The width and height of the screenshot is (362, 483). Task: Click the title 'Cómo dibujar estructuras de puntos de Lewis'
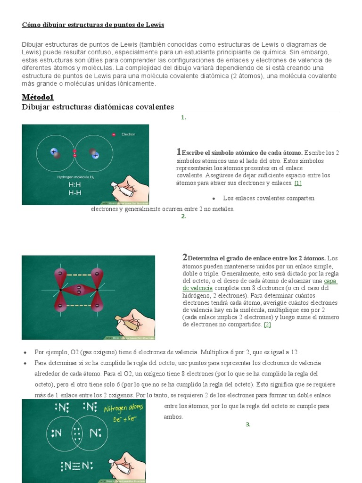(x=93, y=25)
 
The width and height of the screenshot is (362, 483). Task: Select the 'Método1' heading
(x=38, y=97)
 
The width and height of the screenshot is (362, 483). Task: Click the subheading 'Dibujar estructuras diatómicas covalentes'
(x=98, y=107)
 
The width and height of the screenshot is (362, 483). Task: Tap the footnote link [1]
(x=297, y=183)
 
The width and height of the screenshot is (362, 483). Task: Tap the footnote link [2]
(x=267, y=325)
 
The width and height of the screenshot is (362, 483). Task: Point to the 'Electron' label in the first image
(x=128, y=134)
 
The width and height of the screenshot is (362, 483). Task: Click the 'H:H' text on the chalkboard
(x=74, y=185)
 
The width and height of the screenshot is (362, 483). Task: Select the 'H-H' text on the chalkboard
(x=74, y=193)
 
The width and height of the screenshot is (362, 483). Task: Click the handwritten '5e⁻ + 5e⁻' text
(x=125, y=419)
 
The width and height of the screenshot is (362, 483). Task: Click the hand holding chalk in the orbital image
(x=136, y=323)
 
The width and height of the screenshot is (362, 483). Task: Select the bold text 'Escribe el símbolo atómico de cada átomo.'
(x=242, y=153)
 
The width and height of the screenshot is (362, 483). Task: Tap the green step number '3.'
(x=248, y=425)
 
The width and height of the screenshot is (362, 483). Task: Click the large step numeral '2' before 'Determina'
(x=185, y=258)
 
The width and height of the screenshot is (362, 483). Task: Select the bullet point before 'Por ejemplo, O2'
(x=24, y=352)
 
